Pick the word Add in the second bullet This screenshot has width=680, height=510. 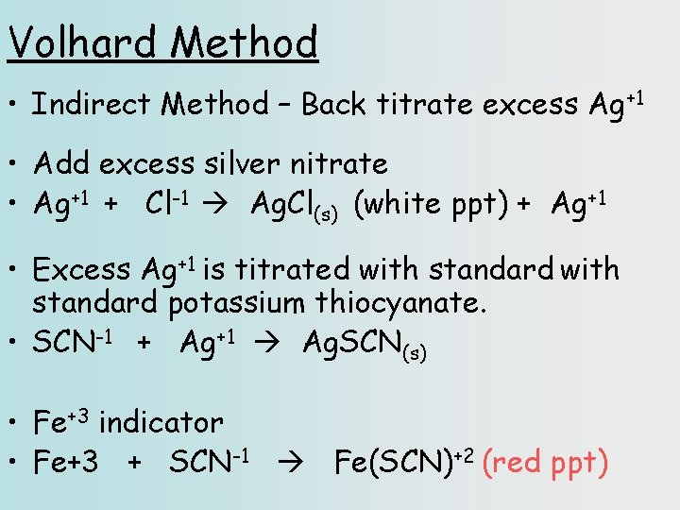click(x=62, y=164)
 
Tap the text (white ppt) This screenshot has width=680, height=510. click(x=431, y=204)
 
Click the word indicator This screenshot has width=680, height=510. click(x=161, y=423)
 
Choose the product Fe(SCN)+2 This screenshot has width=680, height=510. click(x=403, y=463)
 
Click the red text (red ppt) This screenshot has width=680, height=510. click(x=545, y=463)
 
